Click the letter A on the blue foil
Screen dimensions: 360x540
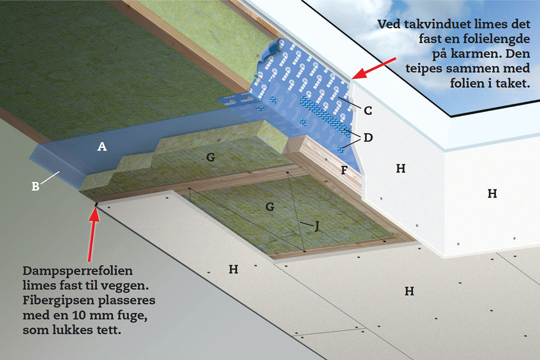pos(102,146)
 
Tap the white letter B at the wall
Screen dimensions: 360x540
pos(35,186)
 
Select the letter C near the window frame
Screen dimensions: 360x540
pos(368,109)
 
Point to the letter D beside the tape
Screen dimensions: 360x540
pos(368,137)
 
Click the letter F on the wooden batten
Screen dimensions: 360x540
pos(344,171)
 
